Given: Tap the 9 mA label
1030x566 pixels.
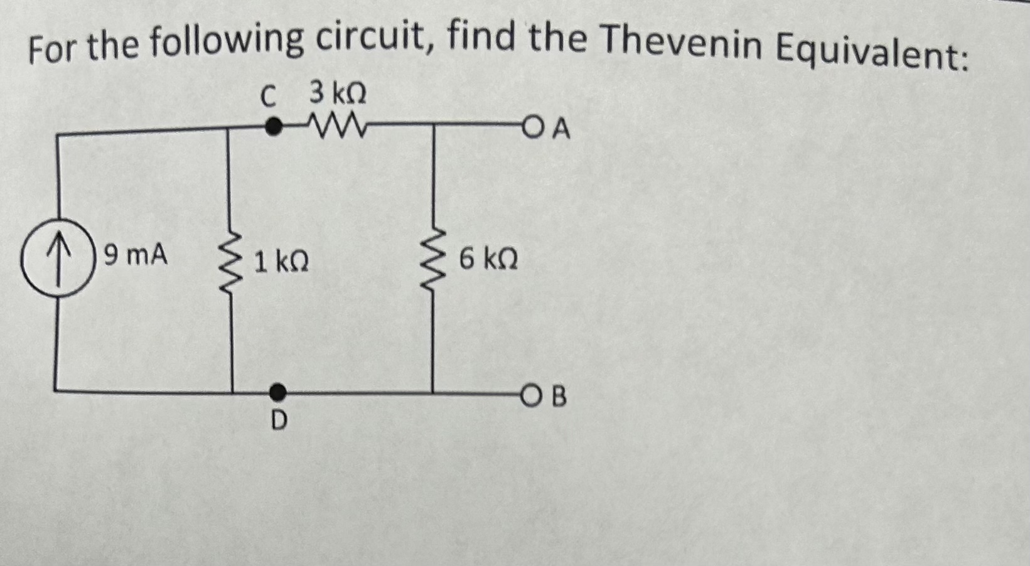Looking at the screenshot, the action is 136,256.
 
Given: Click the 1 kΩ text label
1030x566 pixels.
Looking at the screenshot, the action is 281,262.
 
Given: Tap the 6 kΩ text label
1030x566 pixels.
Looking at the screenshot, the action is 488,259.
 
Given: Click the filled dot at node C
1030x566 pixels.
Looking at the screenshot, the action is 272,127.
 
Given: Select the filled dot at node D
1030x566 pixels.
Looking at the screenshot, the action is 278,393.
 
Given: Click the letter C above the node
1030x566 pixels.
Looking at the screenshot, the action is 268,97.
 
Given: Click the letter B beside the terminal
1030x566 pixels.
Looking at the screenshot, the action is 559,397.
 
